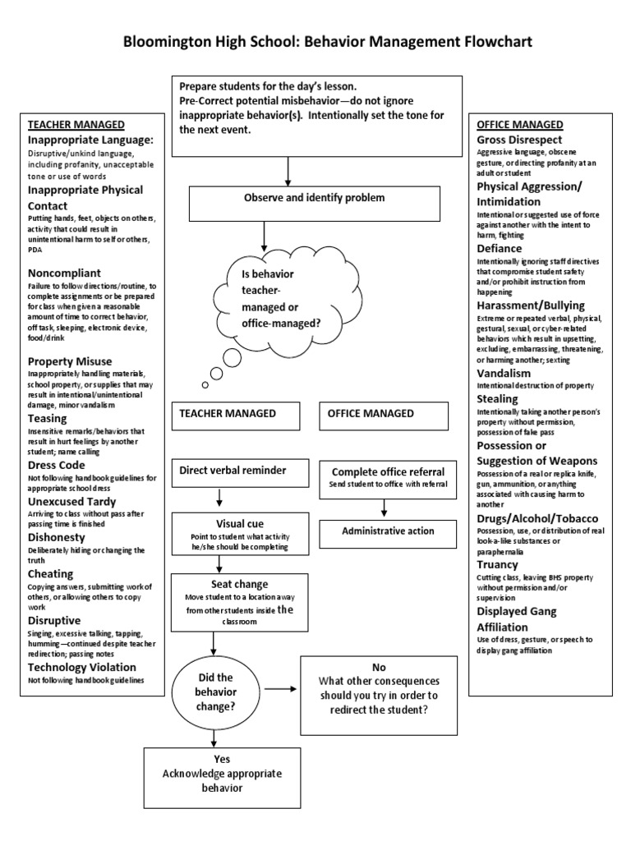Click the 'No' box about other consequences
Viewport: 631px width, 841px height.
point(379,694)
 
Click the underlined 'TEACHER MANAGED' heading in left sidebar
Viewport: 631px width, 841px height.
point(76,125)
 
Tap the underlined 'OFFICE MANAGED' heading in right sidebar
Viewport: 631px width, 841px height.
point(520,125)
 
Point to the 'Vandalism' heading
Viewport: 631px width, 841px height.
point(504,373)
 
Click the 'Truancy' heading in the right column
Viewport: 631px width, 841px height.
point(498,564)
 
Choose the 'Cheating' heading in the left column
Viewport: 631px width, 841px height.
point(51,573)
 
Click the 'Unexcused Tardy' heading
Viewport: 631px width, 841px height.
point(72,501)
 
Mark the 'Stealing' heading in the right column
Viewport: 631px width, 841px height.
point(498,398)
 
